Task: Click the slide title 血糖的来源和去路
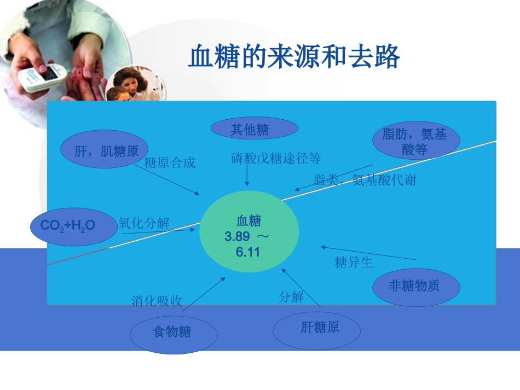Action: tap(294, 57)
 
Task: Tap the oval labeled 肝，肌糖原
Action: tap(106, 150)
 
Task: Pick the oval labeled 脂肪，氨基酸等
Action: tap(415, 141)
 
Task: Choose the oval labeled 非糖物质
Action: tap(415, 286)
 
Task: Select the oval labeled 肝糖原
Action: tap(317, 328)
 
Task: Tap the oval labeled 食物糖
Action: tap(173, 332)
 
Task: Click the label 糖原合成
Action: tap(170, 163)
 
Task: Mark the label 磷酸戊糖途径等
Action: tap(276, 159)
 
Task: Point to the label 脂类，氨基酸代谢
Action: tap(365, 180)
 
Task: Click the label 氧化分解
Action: tap(144, 223)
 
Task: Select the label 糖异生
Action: tap(354, 263)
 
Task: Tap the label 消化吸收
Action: tap(157, 301)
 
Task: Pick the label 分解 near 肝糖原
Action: tap(291, 297)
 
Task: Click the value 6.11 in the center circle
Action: tap(248, 253)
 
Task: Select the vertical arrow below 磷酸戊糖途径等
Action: tap(247, 176)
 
